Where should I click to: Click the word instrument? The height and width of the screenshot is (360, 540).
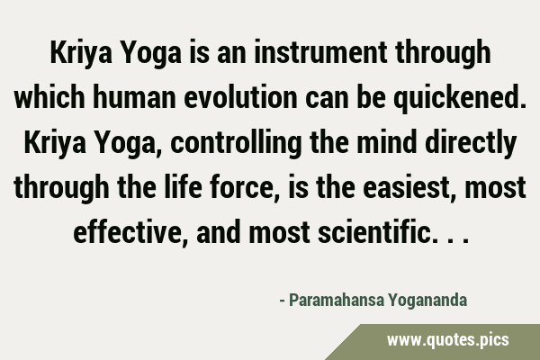(x=320, y=52)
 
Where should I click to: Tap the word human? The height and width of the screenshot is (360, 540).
(x=134, y=97)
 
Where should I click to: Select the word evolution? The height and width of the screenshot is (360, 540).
(x=240, y=97)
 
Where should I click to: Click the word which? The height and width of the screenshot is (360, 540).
(x=49, y=97)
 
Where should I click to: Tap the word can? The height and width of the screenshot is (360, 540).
(x=327, y=97)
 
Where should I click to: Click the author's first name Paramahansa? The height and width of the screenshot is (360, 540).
(x=337, y=300)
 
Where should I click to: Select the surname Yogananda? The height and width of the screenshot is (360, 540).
(x=427, y=301)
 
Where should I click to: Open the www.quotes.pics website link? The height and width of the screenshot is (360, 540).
(x=447, y=340)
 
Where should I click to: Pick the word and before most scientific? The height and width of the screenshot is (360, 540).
(x=219, y=231)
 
